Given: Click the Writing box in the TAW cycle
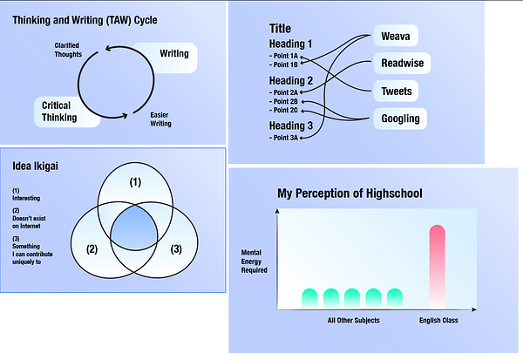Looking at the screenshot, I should click(172, 56).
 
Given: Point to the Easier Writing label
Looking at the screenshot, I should click(160, 119).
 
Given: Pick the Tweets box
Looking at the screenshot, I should click(397, 92).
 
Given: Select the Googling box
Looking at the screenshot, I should click(401, 119).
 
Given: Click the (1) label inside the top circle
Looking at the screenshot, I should click(134, 183).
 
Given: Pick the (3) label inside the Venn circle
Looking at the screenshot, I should click(176, 250).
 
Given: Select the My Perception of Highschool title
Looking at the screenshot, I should click(350, 193).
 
